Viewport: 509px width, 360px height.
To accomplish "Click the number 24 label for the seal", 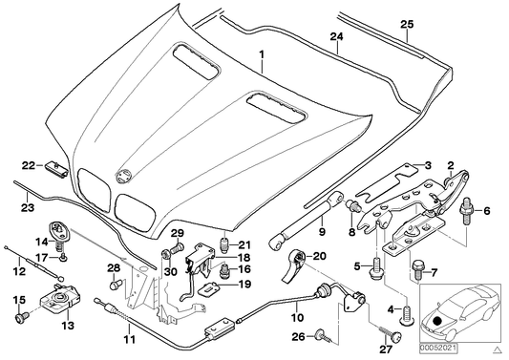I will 336,39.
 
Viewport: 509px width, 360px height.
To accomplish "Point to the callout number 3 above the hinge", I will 429,165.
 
